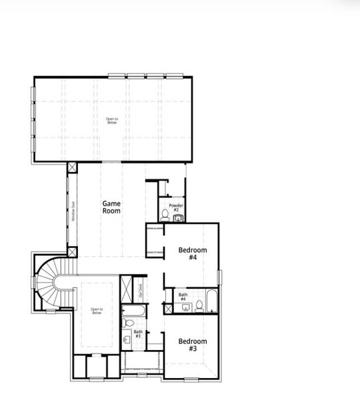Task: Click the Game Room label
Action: pos(111,207)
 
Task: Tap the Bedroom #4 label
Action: pos(192,253)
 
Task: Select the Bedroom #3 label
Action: pos(192,345)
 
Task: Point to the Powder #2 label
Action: pos(176,207)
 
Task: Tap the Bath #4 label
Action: pos(183,297)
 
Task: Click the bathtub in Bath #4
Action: pos(211,302)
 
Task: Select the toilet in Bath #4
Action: pos(199,306)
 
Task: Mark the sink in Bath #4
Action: pos(187,307)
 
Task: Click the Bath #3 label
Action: pos(138,334)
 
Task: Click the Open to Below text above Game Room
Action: pos(111,121)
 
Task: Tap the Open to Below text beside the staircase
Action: pos(97,311)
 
